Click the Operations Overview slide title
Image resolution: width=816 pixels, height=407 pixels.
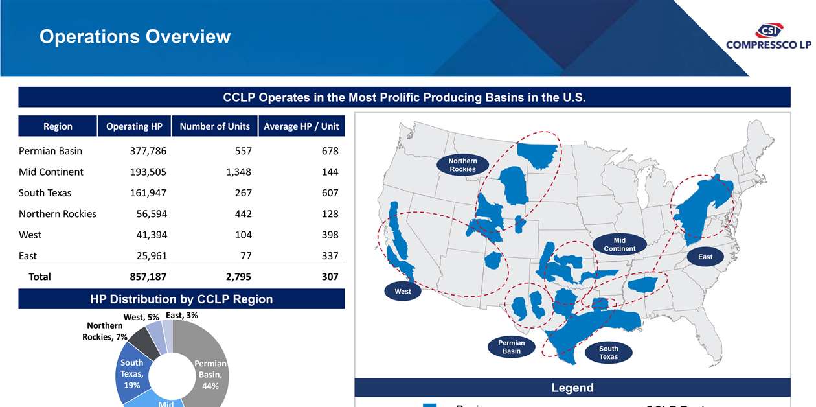click(x=135, y=36)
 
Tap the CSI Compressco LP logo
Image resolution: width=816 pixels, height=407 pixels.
click(x=768, y=38)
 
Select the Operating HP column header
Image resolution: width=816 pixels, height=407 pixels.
click(x=134, y=126)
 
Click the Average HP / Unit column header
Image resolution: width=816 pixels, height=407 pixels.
click(x=301, y=126)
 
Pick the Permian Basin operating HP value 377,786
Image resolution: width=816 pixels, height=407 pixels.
click(x=148, y=151)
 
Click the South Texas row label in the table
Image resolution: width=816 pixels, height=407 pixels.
click(x=45, y=193)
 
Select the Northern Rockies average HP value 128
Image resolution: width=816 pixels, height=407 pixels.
click(x=330, y=214)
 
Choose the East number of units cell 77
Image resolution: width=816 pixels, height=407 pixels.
click(x=245, y=256)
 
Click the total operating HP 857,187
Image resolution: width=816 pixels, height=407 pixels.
click(x=148, y=277)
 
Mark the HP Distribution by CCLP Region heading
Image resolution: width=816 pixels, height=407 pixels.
click(x=181, y=299)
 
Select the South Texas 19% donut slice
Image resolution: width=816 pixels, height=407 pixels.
click(x=133, y=374)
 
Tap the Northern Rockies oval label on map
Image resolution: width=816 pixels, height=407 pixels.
click(x=462, y=165)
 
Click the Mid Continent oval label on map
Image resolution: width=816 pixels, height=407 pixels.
click(x=619, y=244)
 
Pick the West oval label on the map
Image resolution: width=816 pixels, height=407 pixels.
click(x=403, y=292)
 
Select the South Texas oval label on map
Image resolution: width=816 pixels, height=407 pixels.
click(x=608, y=353)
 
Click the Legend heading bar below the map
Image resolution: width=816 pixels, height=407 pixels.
click(x=572, y=388)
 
